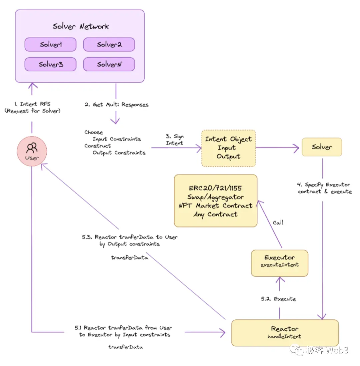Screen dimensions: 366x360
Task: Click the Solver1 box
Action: [51, 45]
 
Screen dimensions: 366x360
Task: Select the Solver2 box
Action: [109, 45]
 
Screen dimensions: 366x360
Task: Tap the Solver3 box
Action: [51, 64]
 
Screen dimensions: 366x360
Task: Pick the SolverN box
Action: [109, 64]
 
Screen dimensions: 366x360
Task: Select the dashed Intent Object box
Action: [228, 148]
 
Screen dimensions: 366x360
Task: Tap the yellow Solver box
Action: [322, 147]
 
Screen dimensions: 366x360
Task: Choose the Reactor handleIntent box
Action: [285, 332]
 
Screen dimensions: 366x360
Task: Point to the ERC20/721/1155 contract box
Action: [216, 201]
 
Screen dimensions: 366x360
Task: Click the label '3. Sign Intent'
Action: [175, 140]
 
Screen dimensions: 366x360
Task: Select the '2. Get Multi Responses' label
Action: [116, 105]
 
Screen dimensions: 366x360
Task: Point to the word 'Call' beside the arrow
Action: [278, 222]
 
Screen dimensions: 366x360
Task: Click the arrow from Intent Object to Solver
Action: [277, 147]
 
